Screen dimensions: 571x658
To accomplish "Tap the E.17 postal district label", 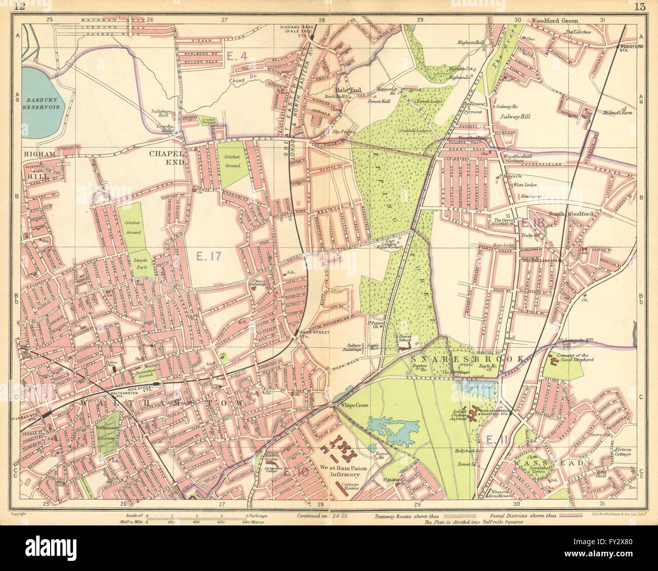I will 208,257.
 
